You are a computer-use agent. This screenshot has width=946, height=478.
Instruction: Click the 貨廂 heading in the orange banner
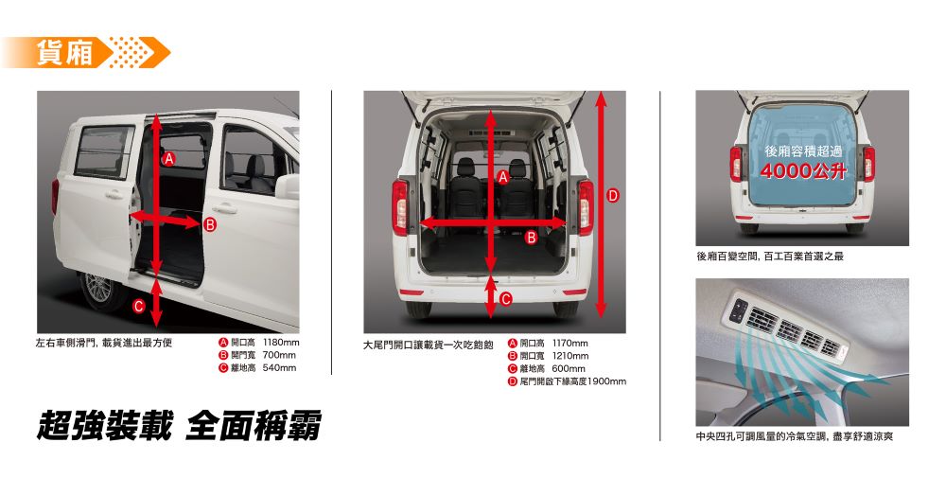point(64,52)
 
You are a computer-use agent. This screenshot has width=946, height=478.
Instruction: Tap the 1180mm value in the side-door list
point(281,343)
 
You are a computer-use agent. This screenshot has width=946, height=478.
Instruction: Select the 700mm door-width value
point(279,356)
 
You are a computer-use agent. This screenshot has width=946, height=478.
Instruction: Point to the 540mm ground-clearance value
point(279,367)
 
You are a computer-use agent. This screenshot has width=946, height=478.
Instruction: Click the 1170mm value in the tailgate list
point(570,344)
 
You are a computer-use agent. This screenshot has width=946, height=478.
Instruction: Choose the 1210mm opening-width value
point(570,356)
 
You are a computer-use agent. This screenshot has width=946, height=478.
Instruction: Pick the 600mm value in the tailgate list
point(569,369)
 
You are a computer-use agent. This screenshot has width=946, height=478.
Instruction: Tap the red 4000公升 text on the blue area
point(803,170)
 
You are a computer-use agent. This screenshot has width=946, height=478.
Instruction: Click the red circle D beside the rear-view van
point(613,195)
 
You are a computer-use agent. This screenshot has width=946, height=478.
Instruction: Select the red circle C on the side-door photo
point(139,307)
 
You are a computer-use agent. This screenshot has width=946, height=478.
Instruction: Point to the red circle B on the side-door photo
point(209,225)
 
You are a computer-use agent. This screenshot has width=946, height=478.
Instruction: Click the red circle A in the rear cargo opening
point(502,177)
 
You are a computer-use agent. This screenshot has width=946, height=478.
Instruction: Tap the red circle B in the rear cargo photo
point(531,238)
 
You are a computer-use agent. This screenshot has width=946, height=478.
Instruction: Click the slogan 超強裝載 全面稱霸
point(179,426)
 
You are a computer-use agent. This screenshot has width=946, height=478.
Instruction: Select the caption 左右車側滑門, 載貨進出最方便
point(104,343)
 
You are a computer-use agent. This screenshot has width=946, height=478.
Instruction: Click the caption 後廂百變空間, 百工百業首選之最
point(770,257)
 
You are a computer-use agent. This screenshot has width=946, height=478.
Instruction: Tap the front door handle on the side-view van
point(224,209)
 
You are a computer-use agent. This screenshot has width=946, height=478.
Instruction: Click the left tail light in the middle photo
point(400,207)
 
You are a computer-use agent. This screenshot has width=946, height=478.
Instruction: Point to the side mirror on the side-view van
point(288,186)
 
